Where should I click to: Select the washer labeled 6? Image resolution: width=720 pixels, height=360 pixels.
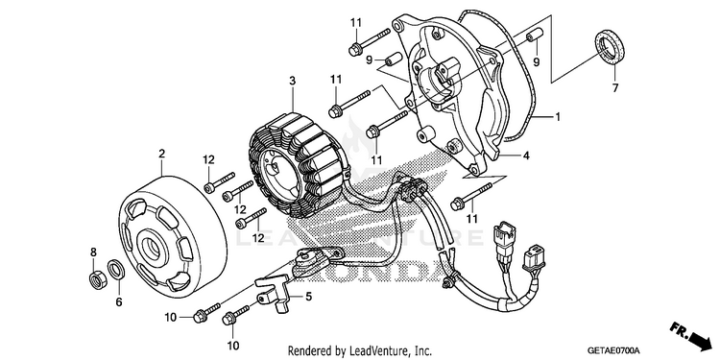pos(115,269)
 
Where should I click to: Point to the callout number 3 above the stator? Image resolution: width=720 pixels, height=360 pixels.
pos(292,82)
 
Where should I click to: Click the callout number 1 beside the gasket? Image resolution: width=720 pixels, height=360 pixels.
pos(558,117)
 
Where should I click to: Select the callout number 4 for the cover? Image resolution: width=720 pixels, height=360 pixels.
pos(526,156)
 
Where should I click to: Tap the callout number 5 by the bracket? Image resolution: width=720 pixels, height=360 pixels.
pos(308,297)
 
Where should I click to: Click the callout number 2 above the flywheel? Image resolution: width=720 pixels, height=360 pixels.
pos(161,154)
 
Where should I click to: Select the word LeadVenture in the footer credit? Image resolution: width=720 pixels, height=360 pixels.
pos(371,351)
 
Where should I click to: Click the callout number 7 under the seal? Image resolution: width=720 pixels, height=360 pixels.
pos(614,87)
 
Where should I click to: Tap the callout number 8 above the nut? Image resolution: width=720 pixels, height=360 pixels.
pos(93,252)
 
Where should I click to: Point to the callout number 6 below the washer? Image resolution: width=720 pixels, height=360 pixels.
pos(119,301)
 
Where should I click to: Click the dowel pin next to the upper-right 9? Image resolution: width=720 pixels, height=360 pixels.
pos(534,37)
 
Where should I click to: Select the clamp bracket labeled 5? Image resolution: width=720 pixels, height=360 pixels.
pos(273,293)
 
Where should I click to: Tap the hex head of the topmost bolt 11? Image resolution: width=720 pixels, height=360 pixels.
pos(355,49)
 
